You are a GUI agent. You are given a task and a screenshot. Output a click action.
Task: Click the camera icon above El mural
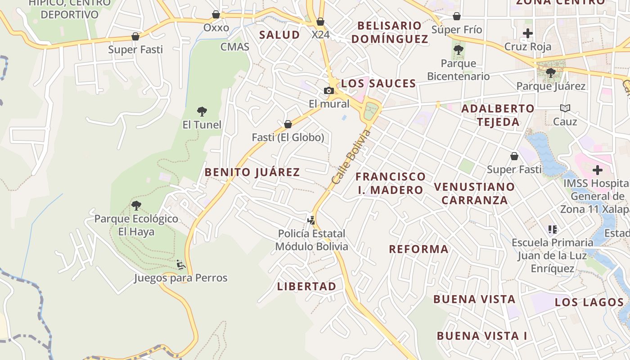tap(329, 90)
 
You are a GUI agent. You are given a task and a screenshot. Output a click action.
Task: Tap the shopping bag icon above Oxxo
tap(216, 14)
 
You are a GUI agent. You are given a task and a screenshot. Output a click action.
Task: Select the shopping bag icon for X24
tap(320, 22)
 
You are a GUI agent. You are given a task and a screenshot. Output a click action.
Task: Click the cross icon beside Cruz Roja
tap(528, 33)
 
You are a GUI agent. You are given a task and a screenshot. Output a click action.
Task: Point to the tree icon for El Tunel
tap(202, 111)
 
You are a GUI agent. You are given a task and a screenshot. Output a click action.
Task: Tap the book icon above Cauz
tap(565, 108)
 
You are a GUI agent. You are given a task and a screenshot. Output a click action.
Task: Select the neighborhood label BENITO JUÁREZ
tap(252, 172)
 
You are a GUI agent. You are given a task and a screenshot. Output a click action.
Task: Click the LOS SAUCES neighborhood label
tap(378, 83)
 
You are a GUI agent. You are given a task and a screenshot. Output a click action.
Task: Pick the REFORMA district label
tap(418, 249)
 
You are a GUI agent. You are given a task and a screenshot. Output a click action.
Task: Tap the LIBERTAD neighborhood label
tap(306, 286)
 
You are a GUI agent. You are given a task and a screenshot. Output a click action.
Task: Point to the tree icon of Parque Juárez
tap(550, 73)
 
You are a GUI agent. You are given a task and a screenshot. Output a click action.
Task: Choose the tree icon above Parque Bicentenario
tap(459, 50)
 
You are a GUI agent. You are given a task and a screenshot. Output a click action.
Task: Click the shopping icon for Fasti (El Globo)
tap(288, 124)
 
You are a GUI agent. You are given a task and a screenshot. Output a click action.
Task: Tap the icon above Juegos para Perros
tap(181, 265)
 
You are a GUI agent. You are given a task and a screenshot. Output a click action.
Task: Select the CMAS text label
tap(234, 47)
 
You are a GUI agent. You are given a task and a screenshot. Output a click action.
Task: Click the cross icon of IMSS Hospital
tap(598, 170)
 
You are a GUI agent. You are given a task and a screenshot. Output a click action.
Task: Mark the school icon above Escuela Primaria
tap(553, 229)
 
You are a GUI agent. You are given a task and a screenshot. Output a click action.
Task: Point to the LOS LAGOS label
tap(589, 302)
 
